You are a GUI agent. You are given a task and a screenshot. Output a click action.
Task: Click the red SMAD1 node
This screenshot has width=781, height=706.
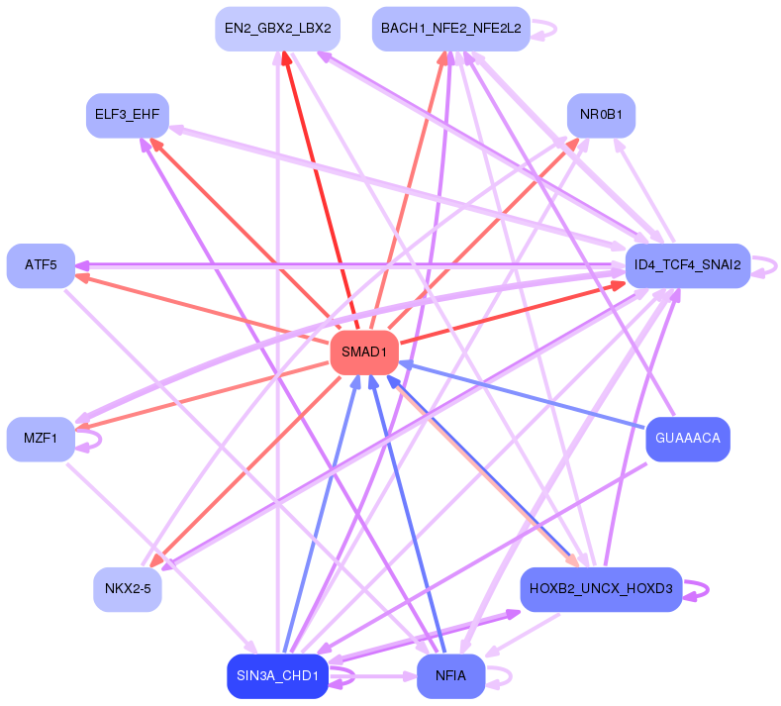point(364,353)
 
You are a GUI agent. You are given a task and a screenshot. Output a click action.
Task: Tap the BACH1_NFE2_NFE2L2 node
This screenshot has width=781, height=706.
point(450,29)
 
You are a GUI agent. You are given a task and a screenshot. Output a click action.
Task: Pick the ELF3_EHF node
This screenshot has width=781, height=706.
point(127,115)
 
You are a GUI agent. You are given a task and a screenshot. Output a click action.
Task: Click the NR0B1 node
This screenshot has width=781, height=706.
point(601,115)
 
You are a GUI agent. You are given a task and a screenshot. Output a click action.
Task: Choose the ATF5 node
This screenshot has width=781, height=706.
point(41,265)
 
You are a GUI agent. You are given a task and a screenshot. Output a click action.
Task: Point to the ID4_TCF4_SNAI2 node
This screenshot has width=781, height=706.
point(687,265)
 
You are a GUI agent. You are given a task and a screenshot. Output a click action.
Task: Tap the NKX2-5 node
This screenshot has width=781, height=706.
point(127,590)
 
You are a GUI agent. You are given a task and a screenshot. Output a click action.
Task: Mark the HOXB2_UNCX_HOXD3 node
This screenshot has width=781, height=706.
point(601,589)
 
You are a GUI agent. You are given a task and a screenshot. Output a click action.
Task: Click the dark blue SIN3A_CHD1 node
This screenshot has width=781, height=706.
point(277,676)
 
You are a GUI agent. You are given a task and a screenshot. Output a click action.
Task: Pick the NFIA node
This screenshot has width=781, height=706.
point(450,676)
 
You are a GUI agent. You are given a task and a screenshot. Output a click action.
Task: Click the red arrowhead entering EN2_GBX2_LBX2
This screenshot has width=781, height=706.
point(285,58)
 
